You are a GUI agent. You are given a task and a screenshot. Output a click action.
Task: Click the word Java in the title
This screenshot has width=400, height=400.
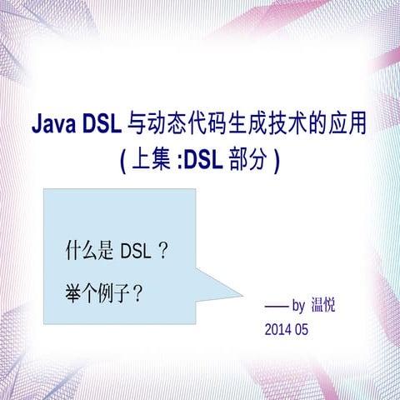click(x=54, y=126)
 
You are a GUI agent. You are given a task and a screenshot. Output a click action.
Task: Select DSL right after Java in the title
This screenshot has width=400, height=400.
click(x=102, y=126)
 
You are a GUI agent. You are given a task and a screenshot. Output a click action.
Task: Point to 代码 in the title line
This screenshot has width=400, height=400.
click(x=207, y=126)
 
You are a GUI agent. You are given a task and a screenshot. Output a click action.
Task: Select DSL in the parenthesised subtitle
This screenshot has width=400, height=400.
click(x=201, y=160)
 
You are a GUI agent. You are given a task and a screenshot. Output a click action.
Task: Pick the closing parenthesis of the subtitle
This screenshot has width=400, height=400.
click(x=276, y=161)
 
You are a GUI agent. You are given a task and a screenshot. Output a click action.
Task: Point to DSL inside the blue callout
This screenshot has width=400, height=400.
click(x=136, y=250)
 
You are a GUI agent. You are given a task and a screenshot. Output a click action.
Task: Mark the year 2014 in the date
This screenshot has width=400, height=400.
click(x=277, y=329)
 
